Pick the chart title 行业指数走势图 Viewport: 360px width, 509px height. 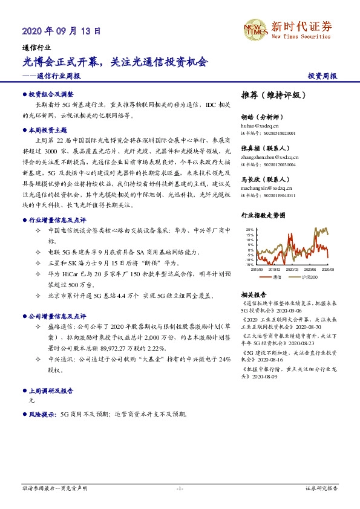[x=263, y=215]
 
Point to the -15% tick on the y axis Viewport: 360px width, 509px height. [x=249, y=264]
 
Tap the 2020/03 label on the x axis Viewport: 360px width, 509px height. [x=293, y=269]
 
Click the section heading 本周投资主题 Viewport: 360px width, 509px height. [x=48, y=130]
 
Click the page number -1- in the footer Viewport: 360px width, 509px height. [x=179, y=488]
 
